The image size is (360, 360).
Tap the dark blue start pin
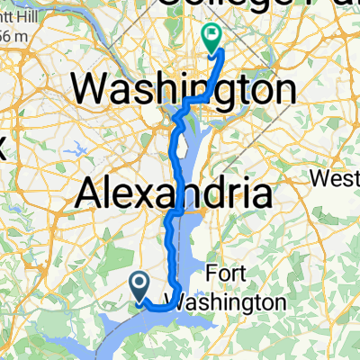[x=141, y=287]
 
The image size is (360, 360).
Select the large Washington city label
[x=184, y=90]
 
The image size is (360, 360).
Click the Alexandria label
[x=175, y=193]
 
